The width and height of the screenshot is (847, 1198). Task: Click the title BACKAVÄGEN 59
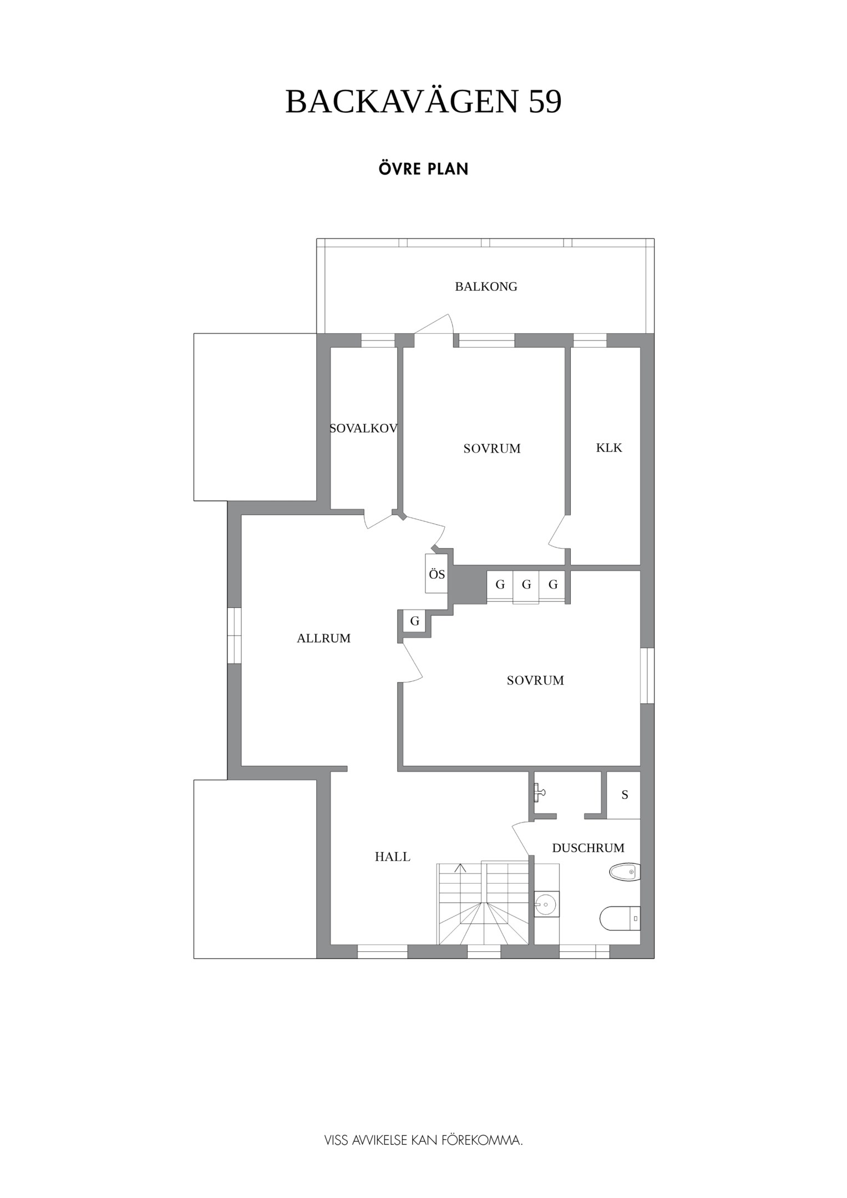423,101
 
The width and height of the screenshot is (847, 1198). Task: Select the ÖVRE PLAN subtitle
424,169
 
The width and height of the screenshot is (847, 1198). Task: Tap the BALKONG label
486,287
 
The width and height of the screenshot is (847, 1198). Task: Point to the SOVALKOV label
364,428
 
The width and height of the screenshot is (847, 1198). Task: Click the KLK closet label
609,448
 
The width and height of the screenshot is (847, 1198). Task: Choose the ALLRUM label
324,638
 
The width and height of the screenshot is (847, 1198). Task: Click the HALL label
393,857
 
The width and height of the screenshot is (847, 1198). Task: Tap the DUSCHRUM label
588,848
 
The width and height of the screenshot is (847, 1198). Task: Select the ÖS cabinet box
437,573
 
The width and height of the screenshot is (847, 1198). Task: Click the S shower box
623,795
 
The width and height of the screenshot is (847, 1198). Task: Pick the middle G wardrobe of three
526,586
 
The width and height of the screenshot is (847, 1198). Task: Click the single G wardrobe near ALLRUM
414,621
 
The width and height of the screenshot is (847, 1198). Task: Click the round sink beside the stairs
546,905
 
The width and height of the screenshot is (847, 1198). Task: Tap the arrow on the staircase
460,869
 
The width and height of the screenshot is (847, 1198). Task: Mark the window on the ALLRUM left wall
235,635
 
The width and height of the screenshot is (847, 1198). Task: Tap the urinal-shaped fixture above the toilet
625,872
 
